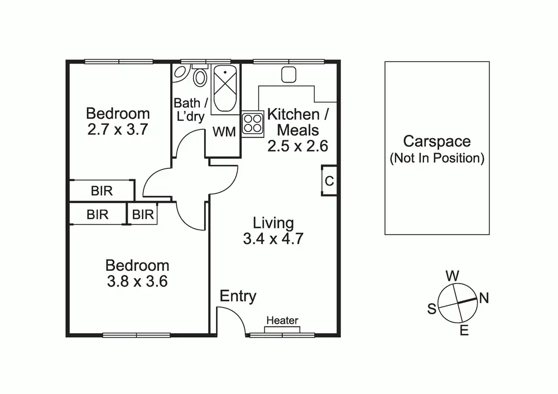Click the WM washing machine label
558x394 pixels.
(224, 131)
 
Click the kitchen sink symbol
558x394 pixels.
(288, 74)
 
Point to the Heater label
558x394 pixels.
(282, 320)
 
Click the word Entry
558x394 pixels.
(238, 296)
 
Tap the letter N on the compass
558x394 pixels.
(484, 298)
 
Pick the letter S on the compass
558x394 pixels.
(431, 309)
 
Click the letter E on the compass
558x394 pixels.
(464, 331)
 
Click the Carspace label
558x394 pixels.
(437, 142)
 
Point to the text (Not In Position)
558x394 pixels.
(437, 158)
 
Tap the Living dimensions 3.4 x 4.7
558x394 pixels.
(273, 239)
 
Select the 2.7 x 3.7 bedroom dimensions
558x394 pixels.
(118, 130)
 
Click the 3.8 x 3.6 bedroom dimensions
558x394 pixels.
(137, 281)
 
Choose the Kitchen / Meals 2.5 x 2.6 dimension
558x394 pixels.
(297, 146)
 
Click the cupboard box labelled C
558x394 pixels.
(329, 181)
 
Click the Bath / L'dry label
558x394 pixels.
(189, 110)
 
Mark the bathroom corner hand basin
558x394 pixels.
(181, 72)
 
